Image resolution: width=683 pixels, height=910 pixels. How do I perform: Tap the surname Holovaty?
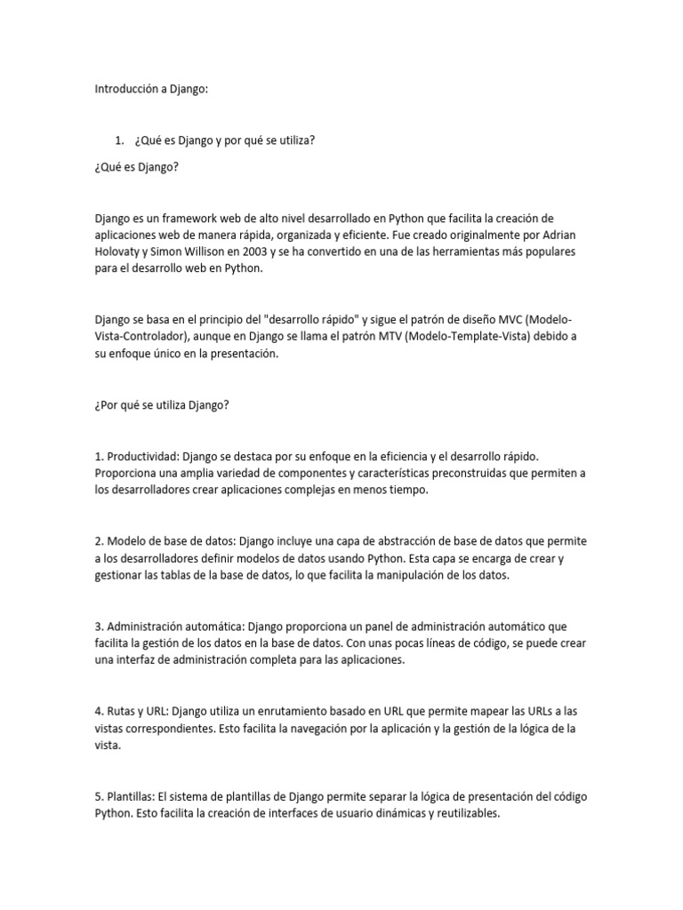pyautogui.click(x=121, y=252)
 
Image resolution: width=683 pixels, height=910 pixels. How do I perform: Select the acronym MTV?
pyautogui.click(x=385, y=337)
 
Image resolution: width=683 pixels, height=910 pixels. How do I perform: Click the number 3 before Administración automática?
pyautogui.click(x=98, y=627)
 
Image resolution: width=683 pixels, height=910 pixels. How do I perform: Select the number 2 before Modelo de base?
pyautogui.click(x=98, y=540)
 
